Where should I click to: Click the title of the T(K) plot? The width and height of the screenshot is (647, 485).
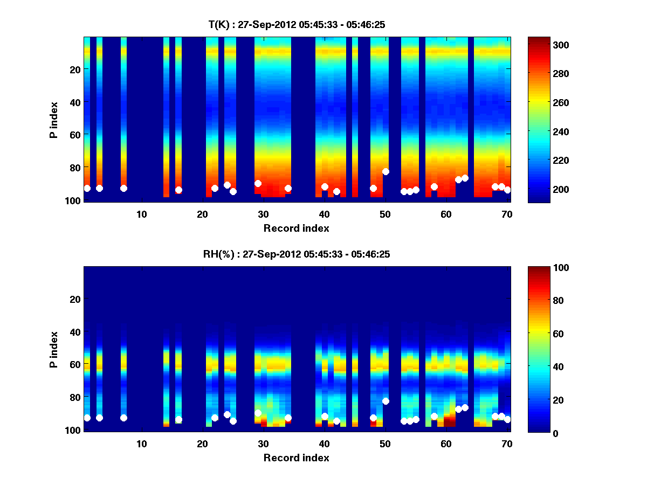297,24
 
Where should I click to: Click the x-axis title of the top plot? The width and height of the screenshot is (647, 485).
297,228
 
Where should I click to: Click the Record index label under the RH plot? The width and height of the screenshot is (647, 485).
297,458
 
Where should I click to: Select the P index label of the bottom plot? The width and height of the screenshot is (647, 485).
54,349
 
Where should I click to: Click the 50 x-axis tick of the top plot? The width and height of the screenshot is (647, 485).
385,214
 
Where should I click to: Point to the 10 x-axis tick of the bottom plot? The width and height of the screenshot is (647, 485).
141,444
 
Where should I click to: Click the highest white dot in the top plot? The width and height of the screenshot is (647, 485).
386,171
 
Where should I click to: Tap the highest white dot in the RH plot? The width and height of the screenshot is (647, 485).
386,401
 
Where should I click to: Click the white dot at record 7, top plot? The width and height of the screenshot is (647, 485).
123,188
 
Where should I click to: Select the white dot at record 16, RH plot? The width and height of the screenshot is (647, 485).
178,419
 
